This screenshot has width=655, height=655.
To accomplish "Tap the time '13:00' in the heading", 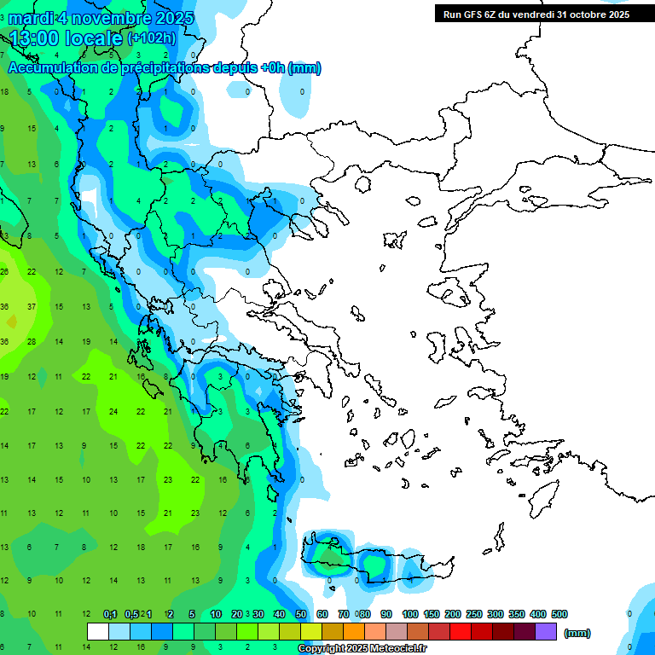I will (35, 38).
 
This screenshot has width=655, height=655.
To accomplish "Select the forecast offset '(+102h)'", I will (152, 38).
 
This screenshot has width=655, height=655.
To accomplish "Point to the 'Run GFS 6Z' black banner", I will (536, 14).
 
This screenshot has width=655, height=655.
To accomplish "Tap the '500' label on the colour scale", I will (559, 614).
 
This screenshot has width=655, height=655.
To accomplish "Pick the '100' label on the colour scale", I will (410, 614).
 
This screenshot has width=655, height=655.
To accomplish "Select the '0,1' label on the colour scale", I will (110, 614).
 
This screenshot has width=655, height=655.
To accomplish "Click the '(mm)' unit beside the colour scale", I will (577, 633).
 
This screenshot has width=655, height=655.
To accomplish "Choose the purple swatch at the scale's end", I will (546, 632).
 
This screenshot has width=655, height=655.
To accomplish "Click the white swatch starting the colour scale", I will (98, 632).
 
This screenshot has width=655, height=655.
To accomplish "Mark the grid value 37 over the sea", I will (32, 306).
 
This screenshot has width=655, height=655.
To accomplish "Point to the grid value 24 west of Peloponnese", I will (113, 411).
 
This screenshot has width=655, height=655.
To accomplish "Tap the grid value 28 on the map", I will (32, 341).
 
